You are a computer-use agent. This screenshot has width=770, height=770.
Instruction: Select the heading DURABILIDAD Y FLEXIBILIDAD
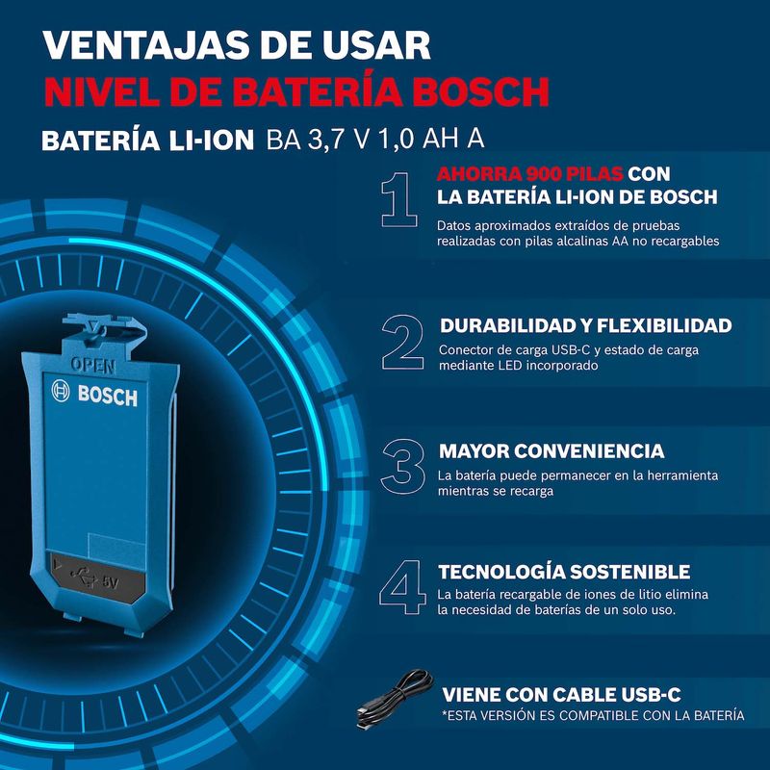click(x=585, y=326)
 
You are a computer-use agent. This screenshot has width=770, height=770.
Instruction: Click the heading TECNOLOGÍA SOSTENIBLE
click(x=564, y=572)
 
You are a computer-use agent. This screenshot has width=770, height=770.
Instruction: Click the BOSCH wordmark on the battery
click(x=107, y=396)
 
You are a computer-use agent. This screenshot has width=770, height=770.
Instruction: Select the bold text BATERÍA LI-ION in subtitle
click(x=149, y=139)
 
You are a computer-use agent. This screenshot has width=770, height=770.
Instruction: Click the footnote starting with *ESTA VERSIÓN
click(x=592, y=716)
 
